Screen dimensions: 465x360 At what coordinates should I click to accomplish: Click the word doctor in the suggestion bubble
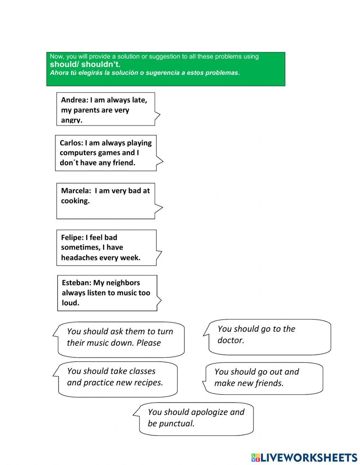pos(231,340)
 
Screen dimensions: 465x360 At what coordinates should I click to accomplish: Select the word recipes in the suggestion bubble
pos(148,383)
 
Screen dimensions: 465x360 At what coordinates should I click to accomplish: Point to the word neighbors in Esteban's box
pos(122,283)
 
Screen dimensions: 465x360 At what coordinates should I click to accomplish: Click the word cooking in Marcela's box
pos(75,201)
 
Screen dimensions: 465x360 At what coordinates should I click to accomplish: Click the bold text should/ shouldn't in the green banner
pos(85,64)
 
